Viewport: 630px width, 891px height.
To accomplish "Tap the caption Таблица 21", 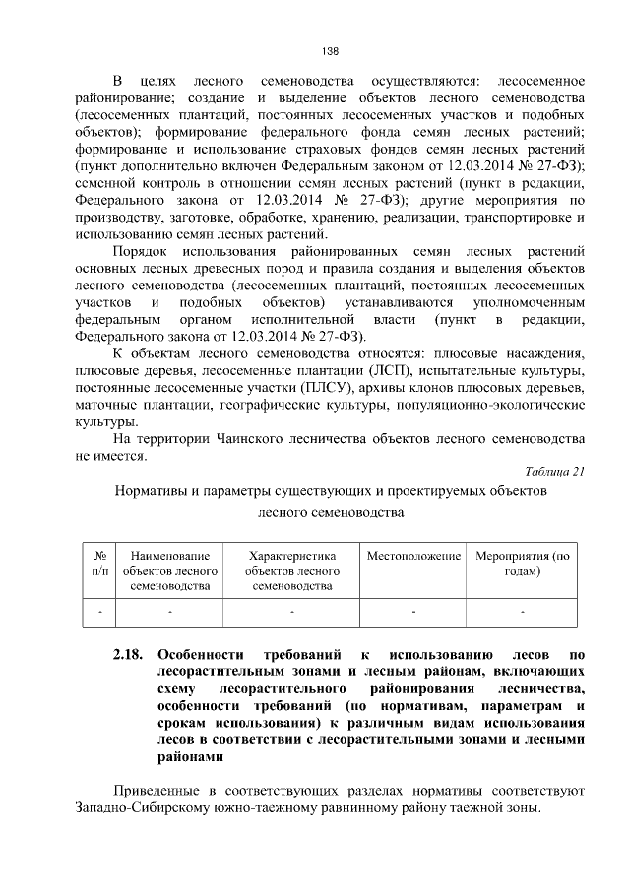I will pyautogui.click(x=556, y=471).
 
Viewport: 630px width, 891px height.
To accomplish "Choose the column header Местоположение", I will pyautogui.click(x=413, y=557).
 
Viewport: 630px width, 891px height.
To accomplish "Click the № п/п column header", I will pyautogui.click(x=98, y=564).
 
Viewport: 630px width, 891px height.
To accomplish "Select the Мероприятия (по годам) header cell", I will pyautogui.click(x=523, y=564).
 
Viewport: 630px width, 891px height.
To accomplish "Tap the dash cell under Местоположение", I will pyautogui.click(x=413, y=613).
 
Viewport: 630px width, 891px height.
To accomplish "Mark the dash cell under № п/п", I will pyautogui.click(x=98, y=613).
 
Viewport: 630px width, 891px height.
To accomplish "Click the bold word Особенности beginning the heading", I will pyautogui.click(x=202, y=653).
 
